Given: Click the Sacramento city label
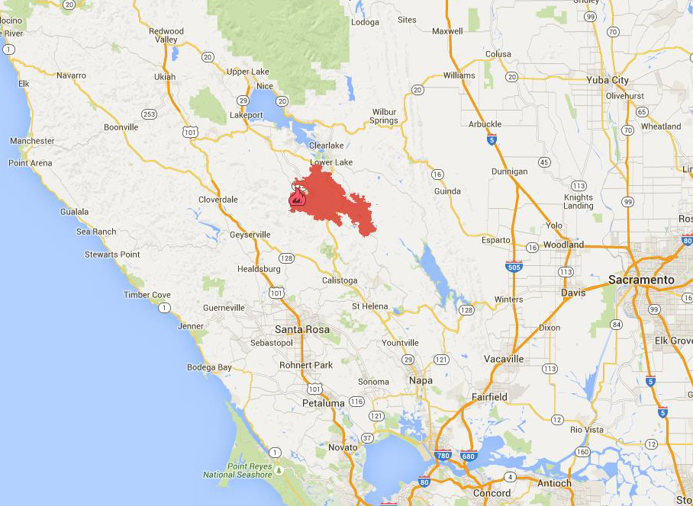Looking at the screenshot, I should pos(641,280).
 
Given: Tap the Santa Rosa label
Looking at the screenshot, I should pos(301,329).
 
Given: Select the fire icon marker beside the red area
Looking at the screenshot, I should pos(297,198).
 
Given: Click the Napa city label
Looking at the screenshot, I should pos(421,380).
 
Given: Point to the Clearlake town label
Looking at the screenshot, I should pos(327,146).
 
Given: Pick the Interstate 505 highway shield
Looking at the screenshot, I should pos(514,266).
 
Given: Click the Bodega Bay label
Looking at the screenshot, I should pos(209,367).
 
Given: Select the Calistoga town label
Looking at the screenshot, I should pos(340,280).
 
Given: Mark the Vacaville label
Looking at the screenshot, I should pos(504,358).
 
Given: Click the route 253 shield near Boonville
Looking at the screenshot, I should pos(149,114).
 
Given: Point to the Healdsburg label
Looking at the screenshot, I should pos(259,269).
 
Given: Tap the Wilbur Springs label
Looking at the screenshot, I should pos(385,116).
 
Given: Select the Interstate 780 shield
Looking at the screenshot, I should pos(443,456).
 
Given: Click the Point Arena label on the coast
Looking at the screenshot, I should pos(30,163).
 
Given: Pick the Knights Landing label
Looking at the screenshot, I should pos(579,201).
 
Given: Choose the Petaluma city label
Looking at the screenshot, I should pos(323,402).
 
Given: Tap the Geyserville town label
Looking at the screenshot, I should pos(250,235).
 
